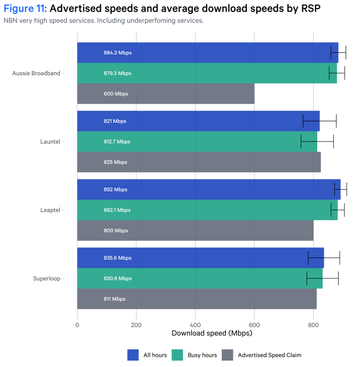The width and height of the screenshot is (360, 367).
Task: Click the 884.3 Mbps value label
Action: coord(118,53)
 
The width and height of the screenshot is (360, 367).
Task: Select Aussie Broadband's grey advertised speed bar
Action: coord(166,94)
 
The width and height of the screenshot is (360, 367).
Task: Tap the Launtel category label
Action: coord(50,142)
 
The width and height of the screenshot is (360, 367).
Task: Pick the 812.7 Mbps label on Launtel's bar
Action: coord(117,142)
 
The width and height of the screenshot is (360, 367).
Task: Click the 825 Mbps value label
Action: coord(115,162)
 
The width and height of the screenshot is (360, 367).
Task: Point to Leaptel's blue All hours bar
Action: coord(208,190)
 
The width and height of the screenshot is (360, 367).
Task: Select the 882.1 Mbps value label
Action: coord(117,210)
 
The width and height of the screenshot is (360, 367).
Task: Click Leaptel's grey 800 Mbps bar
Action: coord(195,231)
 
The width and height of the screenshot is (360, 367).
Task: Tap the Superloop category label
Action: coord(47,278)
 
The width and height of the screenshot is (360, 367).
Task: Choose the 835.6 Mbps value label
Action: coord(118,258)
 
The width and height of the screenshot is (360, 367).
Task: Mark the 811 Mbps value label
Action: coord(115,299)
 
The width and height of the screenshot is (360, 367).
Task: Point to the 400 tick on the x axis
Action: coord(195,324)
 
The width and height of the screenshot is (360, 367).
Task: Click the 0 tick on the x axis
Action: coord(77,324)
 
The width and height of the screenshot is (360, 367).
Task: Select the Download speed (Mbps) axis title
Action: coord(212,333)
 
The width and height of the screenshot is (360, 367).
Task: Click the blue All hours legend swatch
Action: coord(133,355)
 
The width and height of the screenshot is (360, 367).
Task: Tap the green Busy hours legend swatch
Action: coord(177,355)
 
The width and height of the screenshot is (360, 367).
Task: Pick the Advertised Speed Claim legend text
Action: coord(269,355)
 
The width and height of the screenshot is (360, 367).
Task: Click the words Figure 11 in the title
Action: coord(25,9)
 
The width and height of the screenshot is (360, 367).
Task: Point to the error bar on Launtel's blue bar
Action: coord(319,121)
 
